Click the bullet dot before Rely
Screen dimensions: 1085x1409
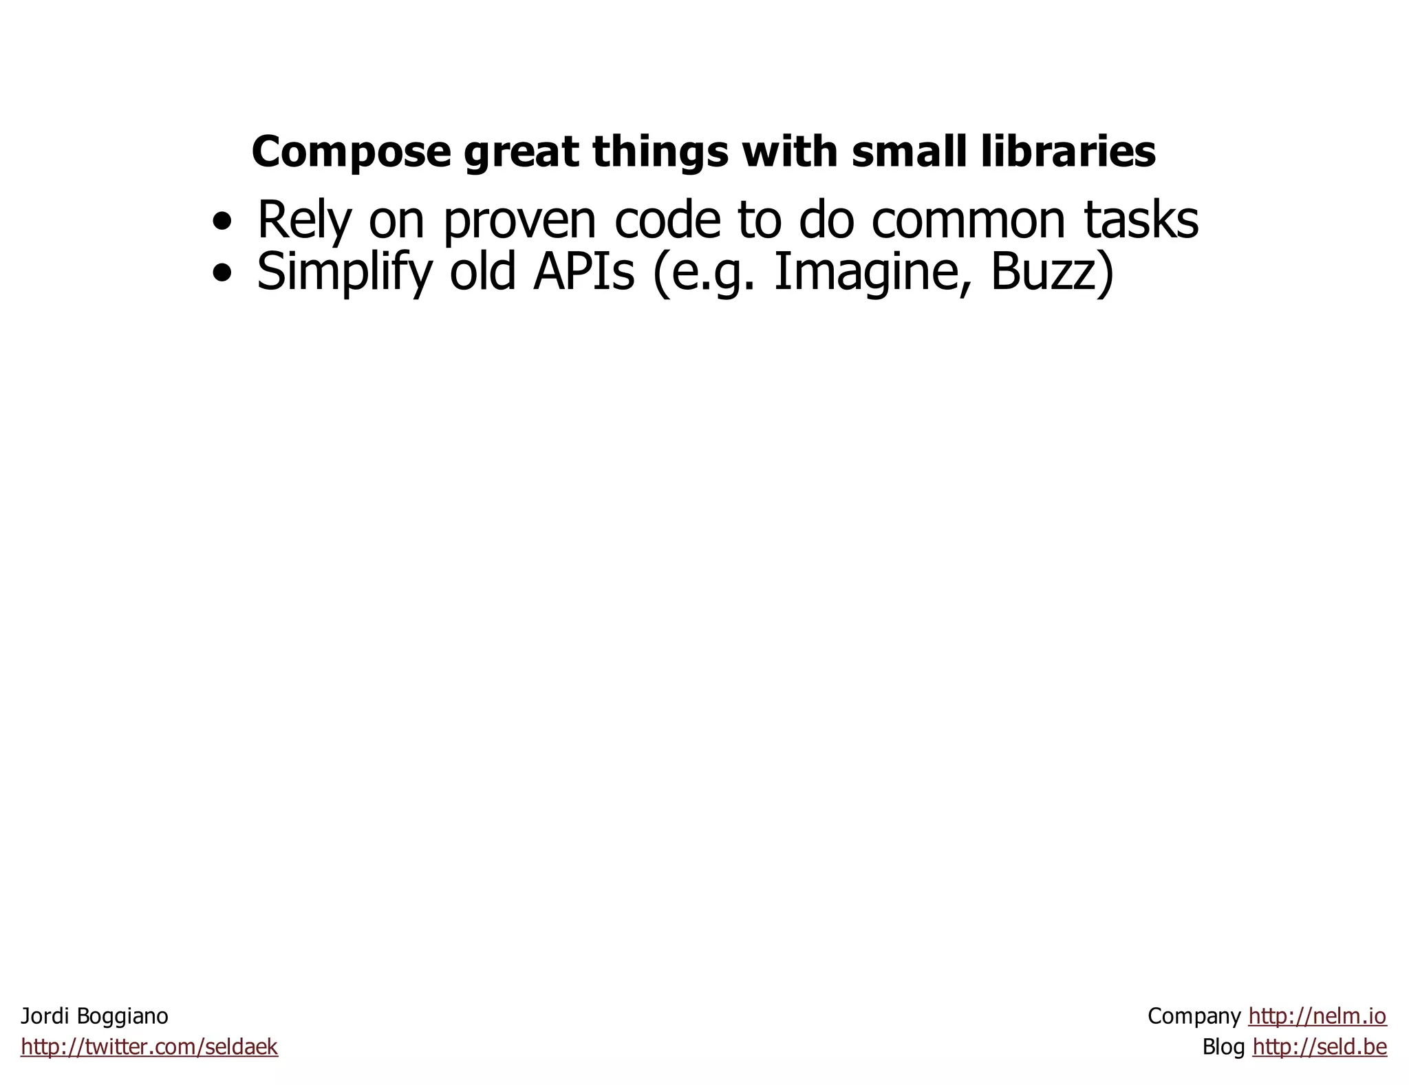[222, 222]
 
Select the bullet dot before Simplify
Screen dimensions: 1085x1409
[222, 275]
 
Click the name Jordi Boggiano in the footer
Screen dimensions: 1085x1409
[94, 1016]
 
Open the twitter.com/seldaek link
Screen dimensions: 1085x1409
[149, 1047]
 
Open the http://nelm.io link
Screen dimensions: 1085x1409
[1317, 1016]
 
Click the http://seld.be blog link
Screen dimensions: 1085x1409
[1320, 1047]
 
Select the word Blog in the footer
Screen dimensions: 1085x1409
[1223, 1047]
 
